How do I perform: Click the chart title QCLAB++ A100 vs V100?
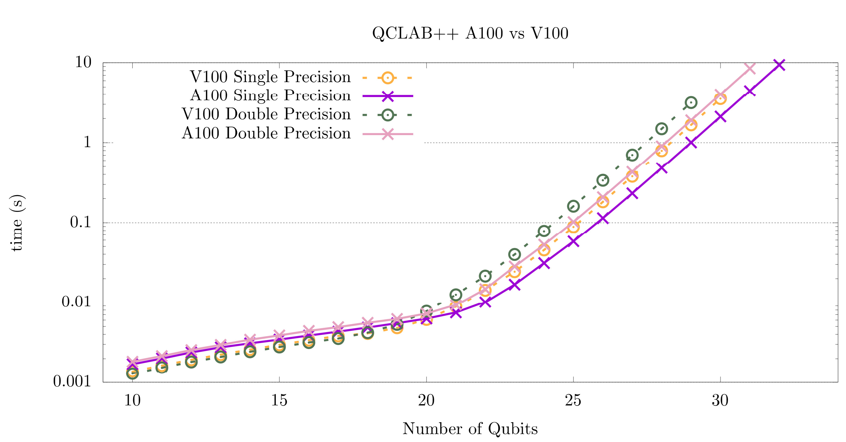click(470, 33)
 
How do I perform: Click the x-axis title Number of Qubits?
click(470, 428)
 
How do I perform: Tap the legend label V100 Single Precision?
click(270, 77)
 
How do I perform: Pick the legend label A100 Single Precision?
click(270, 96)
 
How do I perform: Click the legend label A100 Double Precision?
click(266, 133)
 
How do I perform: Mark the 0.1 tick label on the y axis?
click(80, 222)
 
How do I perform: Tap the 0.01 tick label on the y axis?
click(76, 302)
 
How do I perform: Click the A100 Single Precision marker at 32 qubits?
click(779, 65)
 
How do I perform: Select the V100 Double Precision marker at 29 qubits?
click(691, 102)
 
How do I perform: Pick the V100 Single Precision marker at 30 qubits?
click(720, 98)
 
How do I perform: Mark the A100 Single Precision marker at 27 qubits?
click(632, 194)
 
